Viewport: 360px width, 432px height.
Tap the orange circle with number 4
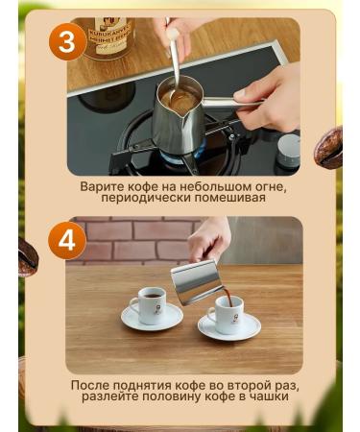click(x=65, y=240)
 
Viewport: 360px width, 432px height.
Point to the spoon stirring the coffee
click(x=172, y=58)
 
